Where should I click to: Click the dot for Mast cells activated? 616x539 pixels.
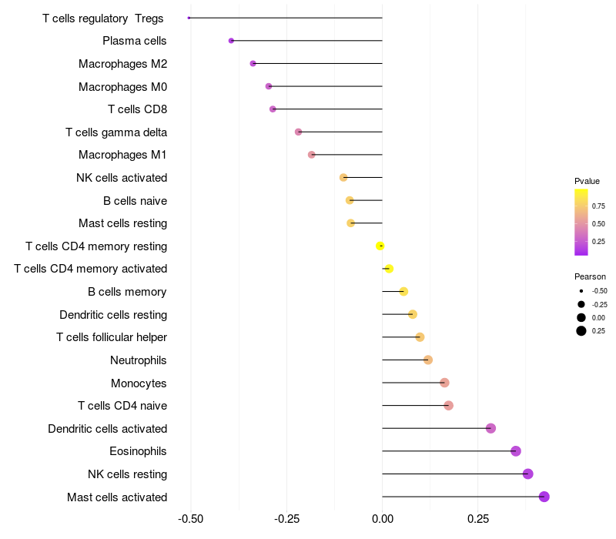[x=544, y=497]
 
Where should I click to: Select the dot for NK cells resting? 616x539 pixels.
[x=527, y=474]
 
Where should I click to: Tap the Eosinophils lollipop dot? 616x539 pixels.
[x=516, y=451]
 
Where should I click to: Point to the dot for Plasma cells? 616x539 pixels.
[x=231, y=41]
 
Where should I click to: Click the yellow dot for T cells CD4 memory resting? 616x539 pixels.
[x=380, y=246]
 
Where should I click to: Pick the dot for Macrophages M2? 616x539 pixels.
[x=253, y=63]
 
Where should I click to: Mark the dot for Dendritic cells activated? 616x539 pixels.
[x=490, y=428]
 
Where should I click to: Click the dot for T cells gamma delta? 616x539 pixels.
[x=298, y=132]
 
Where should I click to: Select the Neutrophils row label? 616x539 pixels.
[x=139, y=360]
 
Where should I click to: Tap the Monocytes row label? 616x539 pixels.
[x=139, y=383]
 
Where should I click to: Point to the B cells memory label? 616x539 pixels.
[x=127, y=292]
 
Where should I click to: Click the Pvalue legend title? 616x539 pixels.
[x=587, y=181]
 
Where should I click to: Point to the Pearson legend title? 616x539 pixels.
[x=590, y=276]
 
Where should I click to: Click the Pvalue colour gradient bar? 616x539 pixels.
[x=581, y=222]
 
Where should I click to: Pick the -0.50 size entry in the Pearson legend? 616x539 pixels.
[x=581, y=291]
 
